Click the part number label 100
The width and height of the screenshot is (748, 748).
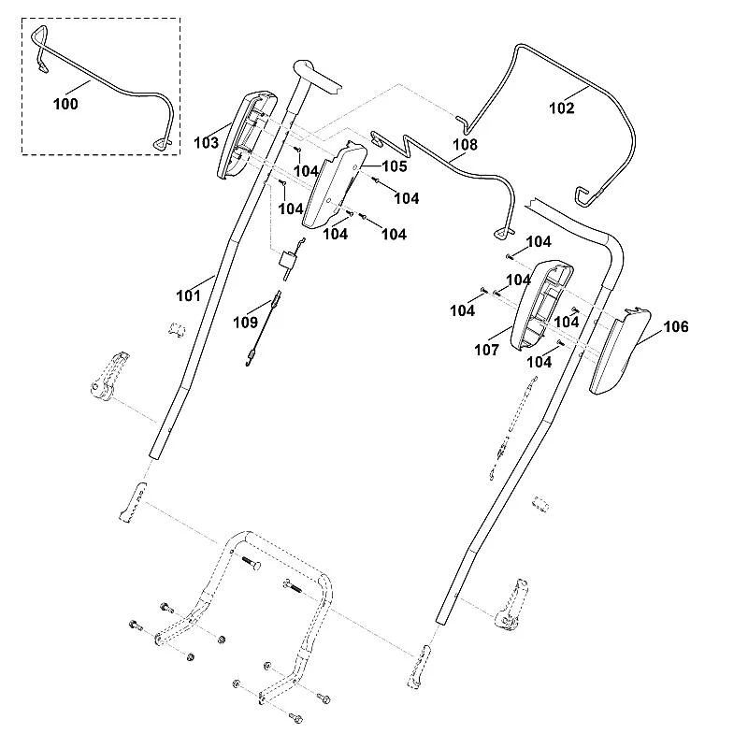click(x=65, y=104)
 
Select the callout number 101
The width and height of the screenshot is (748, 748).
click(x=189, y=295)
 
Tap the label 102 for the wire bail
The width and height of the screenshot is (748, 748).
click(x=562, y=108)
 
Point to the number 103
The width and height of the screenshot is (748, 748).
click(x=206, y=143)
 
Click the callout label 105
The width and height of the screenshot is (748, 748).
click(x=395, y=166)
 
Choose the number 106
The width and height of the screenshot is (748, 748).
click(x=676, y=326)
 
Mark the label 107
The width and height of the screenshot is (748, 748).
click(x=486, y=350)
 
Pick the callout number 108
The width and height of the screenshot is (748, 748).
click(x=465, y=145)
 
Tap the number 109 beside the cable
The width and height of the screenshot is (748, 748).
click(x=245, y=323)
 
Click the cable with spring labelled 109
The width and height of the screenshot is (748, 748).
click(x=265, y=328)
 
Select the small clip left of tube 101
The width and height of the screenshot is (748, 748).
click(x=177, y=329)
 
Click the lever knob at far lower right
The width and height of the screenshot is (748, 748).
click(x=511, y=606)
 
